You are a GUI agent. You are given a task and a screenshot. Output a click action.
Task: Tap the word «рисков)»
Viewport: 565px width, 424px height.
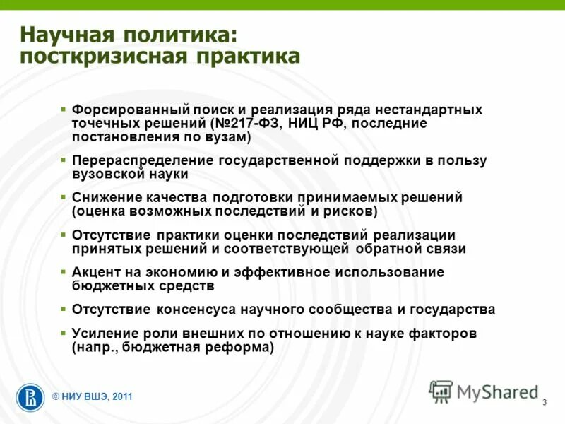click(x=351, y=211)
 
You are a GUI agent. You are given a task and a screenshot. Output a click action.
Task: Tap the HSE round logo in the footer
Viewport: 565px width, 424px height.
click(x=30, y=396)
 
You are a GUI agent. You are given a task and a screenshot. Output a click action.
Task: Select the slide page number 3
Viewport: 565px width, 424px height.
click(x=545, y=403)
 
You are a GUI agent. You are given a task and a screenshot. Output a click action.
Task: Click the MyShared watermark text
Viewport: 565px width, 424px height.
click(x=498, y=391)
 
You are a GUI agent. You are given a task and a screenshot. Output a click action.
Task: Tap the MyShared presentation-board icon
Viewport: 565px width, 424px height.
click(x=441, y=391)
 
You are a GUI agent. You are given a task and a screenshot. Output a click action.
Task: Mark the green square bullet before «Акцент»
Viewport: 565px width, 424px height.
click(x=64, y=272)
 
